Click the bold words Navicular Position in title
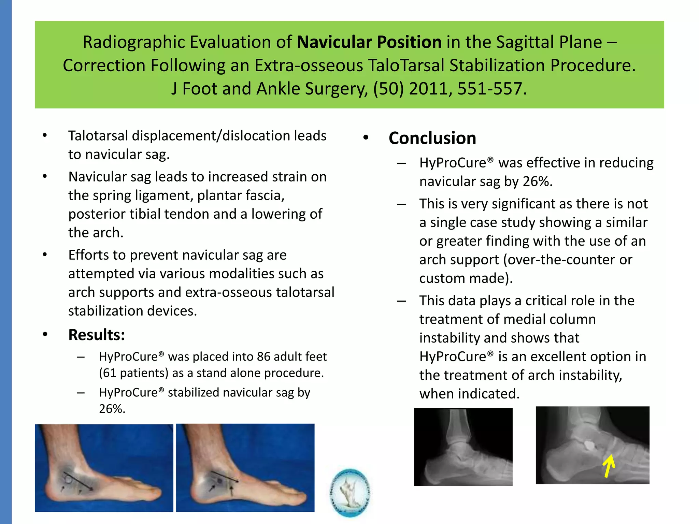(x=369, y=42)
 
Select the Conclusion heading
(x=432, y=138)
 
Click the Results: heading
(x=97, y=335)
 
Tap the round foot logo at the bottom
(x=350, y=492)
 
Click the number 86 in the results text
(x=264, y=357)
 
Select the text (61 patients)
(x=134, y=373)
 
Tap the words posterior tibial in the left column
(x=114, y=214)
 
